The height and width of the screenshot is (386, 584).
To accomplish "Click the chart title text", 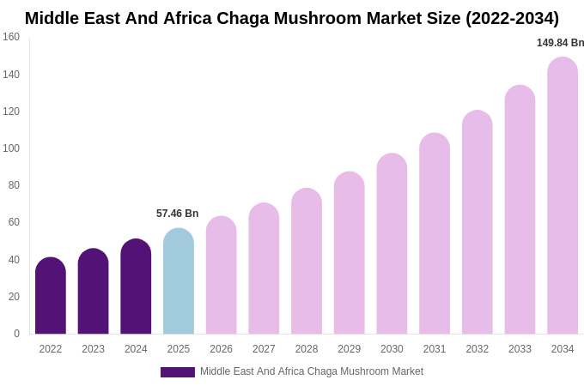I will click(292, 18).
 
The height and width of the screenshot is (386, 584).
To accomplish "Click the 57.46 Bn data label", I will click(177, 214).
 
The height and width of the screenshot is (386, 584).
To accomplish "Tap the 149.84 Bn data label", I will click(560, 43).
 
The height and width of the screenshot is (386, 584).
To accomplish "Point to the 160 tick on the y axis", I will click(11, 37).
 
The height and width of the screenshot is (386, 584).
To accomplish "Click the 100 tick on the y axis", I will click(11, 148).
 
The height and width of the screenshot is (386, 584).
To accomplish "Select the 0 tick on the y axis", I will click(16, 334).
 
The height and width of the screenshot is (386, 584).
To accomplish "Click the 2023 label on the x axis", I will click(93, 349).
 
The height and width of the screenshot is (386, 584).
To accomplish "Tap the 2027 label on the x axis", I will click(264, 349).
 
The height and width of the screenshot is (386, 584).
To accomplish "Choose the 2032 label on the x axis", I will click(477, 349).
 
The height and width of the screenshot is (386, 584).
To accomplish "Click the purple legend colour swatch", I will click(178, 372).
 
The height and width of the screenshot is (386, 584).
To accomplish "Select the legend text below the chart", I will click(311, 371).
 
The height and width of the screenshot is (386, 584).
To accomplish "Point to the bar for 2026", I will click(221, 275).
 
